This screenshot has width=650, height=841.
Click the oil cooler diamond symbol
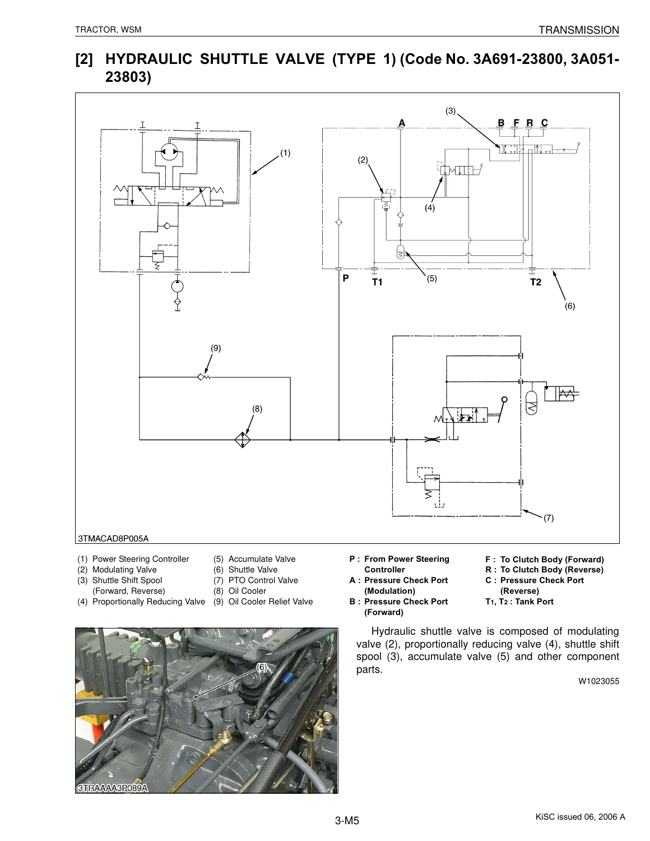point(243,440)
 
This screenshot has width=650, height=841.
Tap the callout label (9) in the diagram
point(216,348)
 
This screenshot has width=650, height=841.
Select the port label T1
point(377,282)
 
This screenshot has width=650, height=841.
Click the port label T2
point(536,282)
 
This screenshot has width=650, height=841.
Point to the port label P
point(346,278)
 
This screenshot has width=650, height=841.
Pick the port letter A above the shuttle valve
point(402,123)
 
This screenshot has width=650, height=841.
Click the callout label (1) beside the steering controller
point(285,153)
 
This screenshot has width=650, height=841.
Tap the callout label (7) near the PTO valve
point(549,518)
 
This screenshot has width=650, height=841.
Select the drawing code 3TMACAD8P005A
point(113,538)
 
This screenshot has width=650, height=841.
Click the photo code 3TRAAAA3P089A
point(113,788)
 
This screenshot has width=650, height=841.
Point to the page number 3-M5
point(347,820)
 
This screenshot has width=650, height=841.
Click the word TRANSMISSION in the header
point(579,30)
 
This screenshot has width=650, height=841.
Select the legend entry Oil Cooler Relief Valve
point(270,602)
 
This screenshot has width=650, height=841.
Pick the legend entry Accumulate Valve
point(262,559)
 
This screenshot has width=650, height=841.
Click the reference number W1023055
point(598,681)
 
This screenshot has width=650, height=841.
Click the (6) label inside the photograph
point(262,667)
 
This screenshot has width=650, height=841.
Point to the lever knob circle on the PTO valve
point(504,400)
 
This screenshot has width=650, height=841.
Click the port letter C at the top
point(544,123)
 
